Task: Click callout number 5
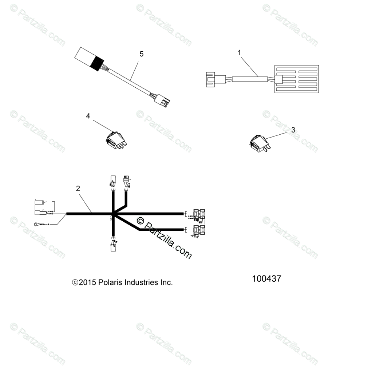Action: pos(141,54)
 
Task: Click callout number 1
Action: pos(240,53)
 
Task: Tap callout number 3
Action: pos(293,129)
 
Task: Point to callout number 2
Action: pos(78,189)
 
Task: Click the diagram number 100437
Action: pos(267,279)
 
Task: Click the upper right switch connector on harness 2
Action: pos(199,215)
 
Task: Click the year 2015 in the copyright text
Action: pos(87,282)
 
